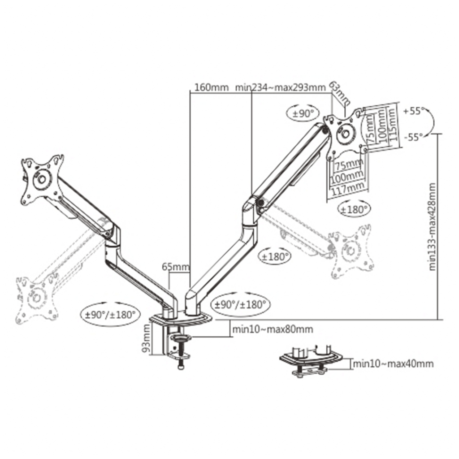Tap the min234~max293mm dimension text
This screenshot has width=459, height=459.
click(x=280, y=87)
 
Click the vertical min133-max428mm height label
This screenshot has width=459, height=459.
click(x=433, y=226)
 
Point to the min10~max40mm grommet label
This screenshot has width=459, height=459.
click(x=393, y=364)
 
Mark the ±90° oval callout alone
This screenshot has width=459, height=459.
click(x=303, y=114)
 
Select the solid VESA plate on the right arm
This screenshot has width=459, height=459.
click(x=345, y=133)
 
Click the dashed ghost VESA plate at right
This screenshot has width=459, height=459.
click(x=351, y=251)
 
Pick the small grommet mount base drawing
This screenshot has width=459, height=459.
click(x=310, y=360)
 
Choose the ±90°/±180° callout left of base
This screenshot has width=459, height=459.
click(x=110, y=314)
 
